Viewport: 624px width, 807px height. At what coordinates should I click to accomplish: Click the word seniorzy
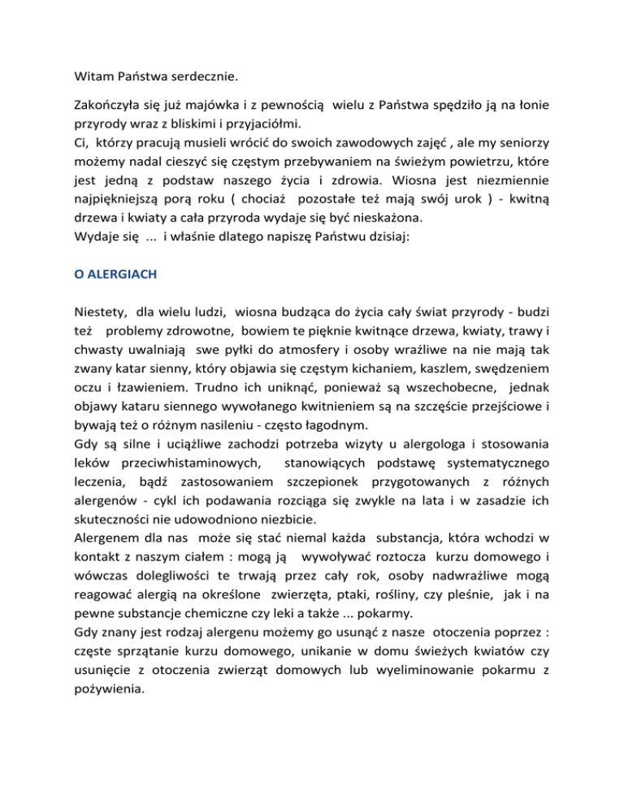(x=529, y=144)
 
